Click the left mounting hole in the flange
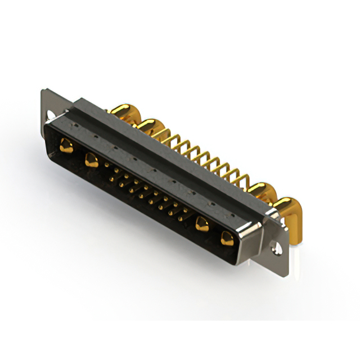(51, 116)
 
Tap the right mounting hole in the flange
(275, 246)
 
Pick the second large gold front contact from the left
(91, 161)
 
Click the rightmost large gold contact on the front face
(227, 238)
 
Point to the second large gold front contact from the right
(201, 224)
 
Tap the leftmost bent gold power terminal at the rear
(121, 110)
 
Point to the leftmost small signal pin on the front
(110, 169)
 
